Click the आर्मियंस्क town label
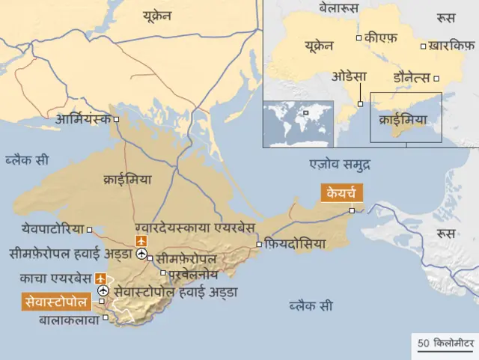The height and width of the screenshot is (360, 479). pyautogui.click(x=82, y=119)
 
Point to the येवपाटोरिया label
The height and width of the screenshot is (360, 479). pyautogui.click(x=52, y=228)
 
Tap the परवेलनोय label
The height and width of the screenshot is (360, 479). pyautogui.click(x=188, y=275)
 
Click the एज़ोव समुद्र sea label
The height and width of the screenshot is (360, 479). pyautogui.click(x=341, y=163)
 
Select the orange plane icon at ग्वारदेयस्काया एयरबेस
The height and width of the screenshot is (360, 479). pyautogui.click(x=140, y=240)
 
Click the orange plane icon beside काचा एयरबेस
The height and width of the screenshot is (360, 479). pyautogui.click(x=100, y=278)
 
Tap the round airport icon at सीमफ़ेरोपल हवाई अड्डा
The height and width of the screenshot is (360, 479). pyautogui.click(x=141, y=254)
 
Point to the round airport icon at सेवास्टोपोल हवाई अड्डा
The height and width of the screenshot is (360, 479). pyautogui.click(x=103, y=290)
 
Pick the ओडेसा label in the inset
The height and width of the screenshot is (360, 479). pyautogui.click(x=351, y=76)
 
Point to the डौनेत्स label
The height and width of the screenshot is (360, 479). pyautogui.click(x=412, y=77)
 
